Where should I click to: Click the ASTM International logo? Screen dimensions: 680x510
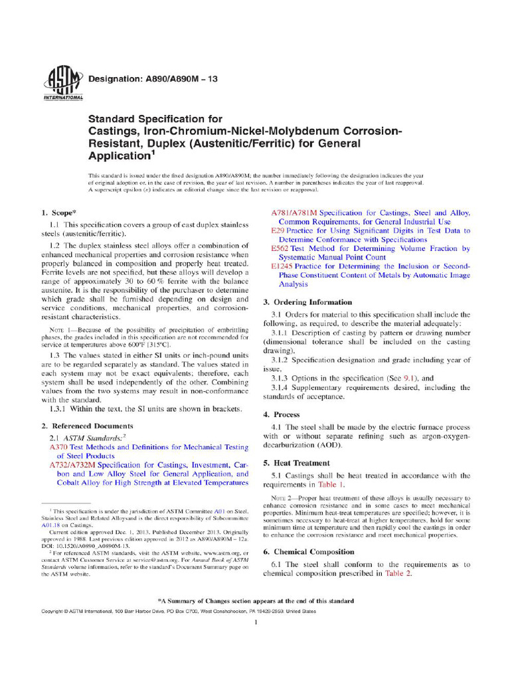point(61,83)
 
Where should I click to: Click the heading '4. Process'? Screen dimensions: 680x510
point(282,414)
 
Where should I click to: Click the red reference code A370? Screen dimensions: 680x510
point(59,448)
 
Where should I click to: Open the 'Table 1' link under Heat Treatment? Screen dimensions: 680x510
point(332,485)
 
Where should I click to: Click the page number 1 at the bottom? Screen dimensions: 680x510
point(256,622)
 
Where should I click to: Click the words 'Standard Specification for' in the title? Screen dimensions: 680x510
point(147,119)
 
